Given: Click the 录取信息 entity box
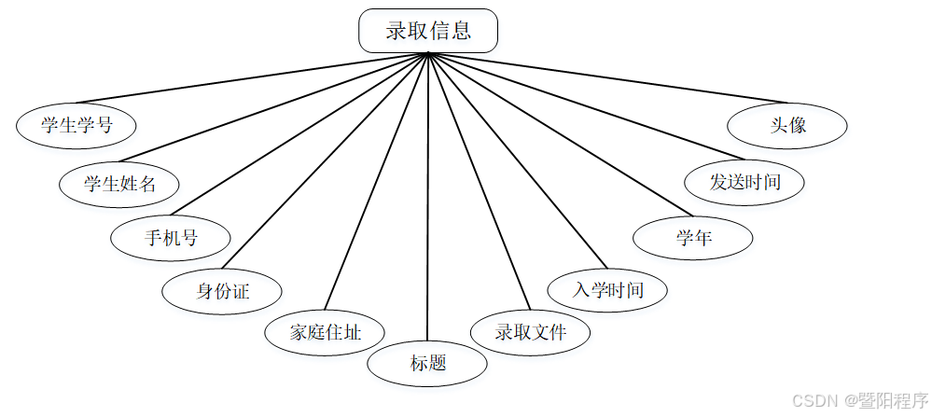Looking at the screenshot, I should coord(428,31).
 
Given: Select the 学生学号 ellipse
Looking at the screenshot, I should coord(77,125).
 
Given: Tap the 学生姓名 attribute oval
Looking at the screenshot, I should coord(118,184).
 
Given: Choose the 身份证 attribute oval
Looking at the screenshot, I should coord(222,291).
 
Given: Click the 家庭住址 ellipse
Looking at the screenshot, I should coord(325,332).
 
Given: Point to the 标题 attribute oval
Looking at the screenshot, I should coord(427,363).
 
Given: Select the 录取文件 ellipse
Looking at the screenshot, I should coord(530,332).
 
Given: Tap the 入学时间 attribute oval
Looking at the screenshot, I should coord(608,290).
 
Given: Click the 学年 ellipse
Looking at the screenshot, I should coord(693,238).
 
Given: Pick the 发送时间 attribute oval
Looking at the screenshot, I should coord(744,182).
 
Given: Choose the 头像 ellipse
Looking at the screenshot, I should coord(788,125).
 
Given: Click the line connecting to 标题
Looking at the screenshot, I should coord(427,205).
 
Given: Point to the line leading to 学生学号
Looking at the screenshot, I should coord(252,77).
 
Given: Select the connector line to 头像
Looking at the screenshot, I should coord(606,77).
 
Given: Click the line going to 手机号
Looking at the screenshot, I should coord(299,133).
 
